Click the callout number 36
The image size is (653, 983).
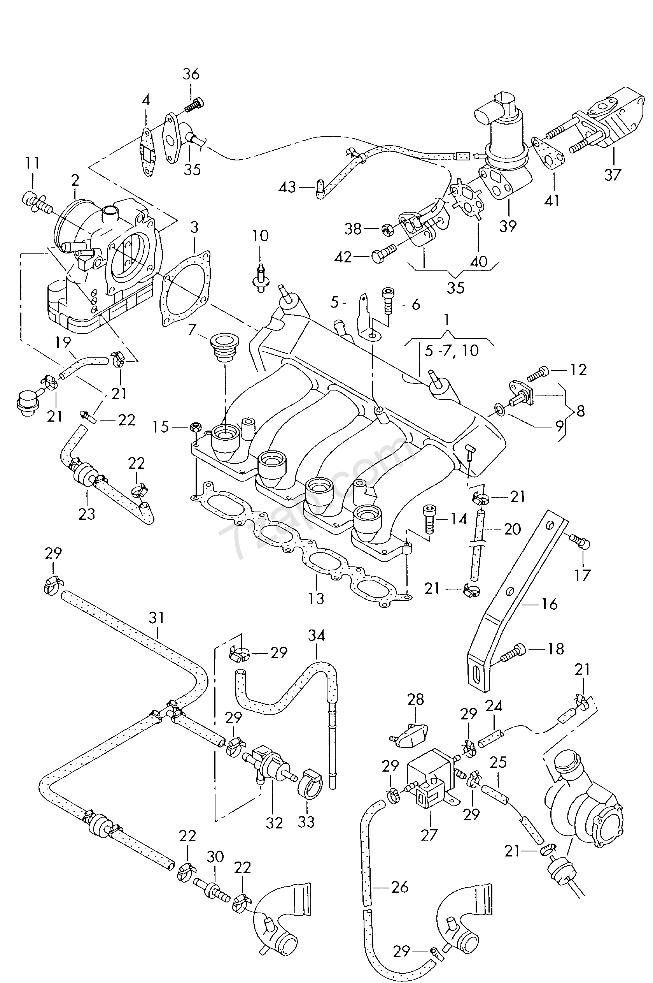coord(191,74)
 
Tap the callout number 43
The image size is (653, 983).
coord(287,187)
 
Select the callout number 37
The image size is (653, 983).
coord(613,174)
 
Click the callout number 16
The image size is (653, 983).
coord(549,604)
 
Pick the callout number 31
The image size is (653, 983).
coord(157,618)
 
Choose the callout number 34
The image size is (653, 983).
coord(317,636)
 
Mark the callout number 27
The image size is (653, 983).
coord(429,835)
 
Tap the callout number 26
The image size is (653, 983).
coord(400,887)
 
